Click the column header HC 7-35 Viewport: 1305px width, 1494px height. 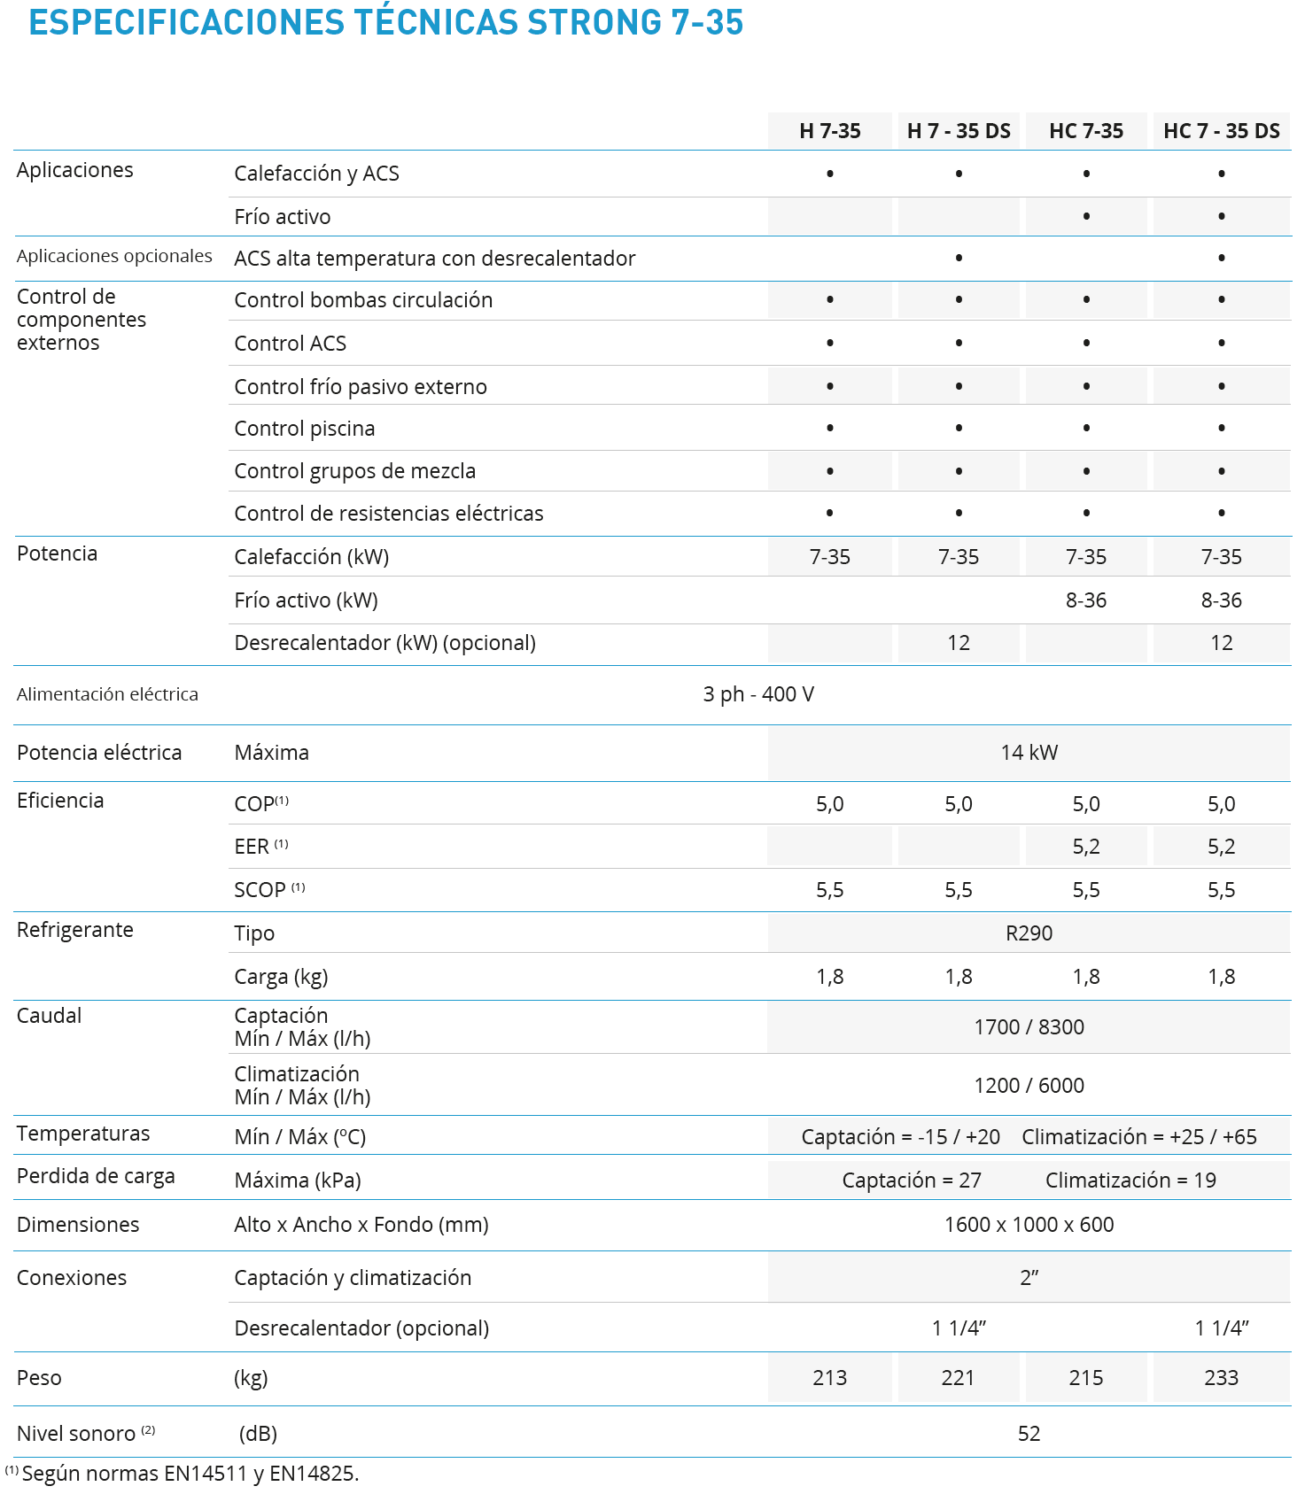click(x=1085, y=131)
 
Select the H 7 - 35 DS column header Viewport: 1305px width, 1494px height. click(x=959, y=131)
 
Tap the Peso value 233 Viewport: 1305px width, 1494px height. click(x=1221, y=1378)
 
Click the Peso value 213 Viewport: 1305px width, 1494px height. click(x=829, y=1378)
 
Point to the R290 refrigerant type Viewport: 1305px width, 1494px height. click(x=1029, y=933)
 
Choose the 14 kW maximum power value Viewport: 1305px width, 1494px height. click(x=1029, y=753)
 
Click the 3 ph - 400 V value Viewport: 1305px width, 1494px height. click(x=758, y=694)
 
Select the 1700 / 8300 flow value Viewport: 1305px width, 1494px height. click(x=1029, y=1027)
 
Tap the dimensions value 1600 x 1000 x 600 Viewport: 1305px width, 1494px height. click(x=1029, y=1225)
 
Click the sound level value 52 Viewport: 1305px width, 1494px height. click(x=1029, y=1434)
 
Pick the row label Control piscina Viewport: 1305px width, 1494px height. click(x=304, y=429)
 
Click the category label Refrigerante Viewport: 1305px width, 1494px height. click(x=75, y=930)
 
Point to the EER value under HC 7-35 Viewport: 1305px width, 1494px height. click(x=1085, y=847)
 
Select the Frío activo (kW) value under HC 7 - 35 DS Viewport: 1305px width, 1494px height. click(x=1221, y=600)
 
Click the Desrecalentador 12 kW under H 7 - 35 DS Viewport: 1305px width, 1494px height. click(x=959, y=643)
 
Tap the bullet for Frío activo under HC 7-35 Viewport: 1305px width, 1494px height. click(x=1086, y=217)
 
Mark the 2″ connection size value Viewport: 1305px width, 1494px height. click(x=1029, y=1278)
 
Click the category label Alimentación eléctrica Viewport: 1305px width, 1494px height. click(x=107, y=694)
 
